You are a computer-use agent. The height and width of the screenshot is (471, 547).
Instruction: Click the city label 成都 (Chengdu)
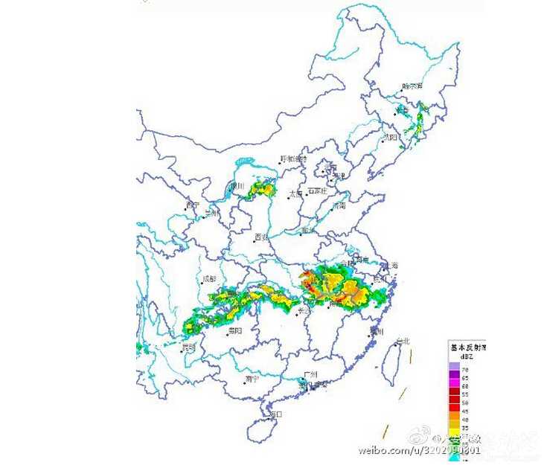[209, 280]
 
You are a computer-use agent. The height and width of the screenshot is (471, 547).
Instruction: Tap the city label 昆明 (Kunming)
[189, 347]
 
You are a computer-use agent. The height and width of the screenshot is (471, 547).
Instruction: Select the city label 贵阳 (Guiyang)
[235, 330]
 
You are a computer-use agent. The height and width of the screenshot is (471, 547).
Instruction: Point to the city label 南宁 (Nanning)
[251, 379]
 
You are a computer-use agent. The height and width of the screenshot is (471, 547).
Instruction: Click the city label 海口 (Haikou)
[275, 414]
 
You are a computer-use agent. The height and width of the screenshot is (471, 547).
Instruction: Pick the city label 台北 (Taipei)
[403, 342]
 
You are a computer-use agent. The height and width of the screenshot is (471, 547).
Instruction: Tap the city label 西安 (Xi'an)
[260, 237]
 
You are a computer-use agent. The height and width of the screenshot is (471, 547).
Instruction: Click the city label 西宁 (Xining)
[193, 205]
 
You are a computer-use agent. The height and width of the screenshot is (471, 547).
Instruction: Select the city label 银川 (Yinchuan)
[238, 186]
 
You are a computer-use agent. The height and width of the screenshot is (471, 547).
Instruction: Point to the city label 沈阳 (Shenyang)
[391, 137]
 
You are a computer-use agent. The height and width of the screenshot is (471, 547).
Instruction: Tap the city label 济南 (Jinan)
[339, 206]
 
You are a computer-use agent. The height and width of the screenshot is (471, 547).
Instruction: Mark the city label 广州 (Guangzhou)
[310, 374]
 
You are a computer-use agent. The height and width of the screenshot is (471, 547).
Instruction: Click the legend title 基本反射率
[467, 347]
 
